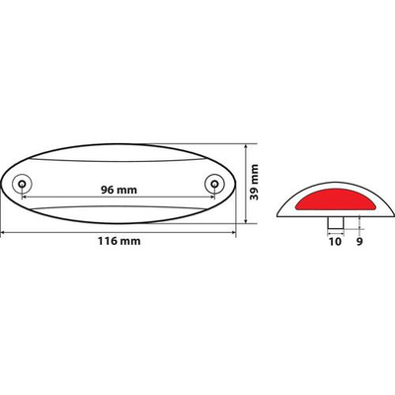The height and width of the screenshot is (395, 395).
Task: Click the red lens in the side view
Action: point(332,196)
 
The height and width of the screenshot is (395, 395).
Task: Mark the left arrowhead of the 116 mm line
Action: point(3,232)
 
